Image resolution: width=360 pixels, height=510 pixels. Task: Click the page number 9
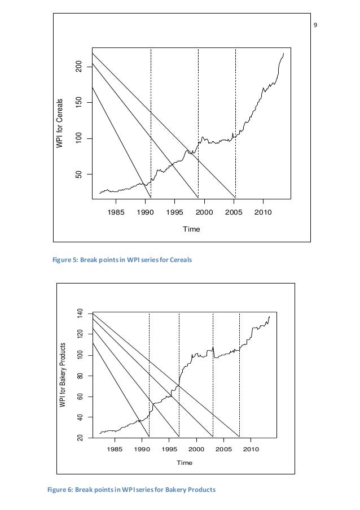click(315, 25)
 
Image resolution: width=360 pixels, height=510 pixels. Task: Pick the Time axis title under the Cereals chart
click(191, 229)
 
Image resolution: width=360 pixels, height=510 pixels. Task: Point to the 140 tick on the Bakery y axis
click(80, 314)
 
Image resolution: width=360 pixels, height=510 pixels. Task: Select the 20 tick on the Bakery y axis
click(80, 438)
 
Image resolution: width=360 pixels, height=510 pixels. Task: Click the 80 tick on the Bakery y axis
click(80, 376)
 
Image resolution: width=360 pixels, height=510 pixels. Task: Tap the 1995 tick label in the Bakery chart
click(169, 450)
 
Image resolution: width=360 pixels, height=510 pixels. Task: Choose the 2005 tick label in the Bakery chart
click(223, 450)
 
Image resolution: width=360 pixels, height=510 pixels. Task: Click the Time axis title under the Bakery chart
click(185, 463)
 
